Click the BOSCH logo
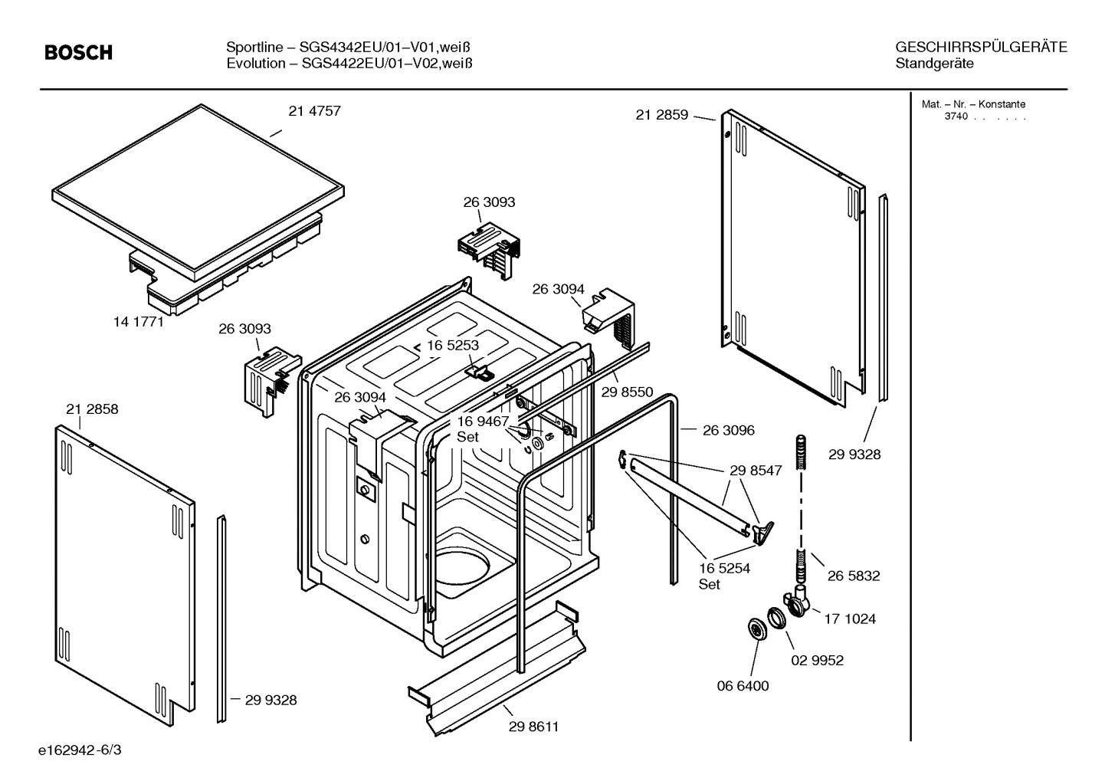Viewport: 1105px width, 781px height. click(78, 52)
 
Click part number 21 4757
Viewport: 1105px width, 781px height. click(314, 111)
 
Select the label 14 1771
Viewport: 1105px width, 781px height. click(139, 322)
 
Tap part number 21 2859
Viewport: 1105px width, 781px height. click(662, 115)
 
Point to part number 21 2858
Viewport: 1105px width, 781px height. click(92, 409)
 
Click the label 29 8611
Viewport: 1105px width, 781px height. click(533, 727)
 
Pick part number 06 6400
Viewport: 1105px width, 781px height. click(743, 686)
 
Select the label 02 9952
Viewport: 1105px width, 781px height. click(817, 660)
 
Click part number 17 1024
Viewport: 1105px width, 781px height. click(849, 619)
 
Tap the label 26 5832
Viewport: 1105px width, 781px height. click(853, 576)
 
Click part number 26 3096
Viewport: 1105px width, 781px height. click(728, 430)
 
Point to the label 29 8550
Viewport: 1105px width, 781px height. click(627, 392)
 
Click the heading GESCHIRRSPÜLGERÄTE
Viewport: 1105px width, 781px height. click(980, 48)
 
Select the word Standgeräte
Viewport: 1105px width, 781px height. click(934, 64)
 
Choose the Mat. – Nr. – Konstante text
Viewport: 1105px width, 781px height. click(972, 104)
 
